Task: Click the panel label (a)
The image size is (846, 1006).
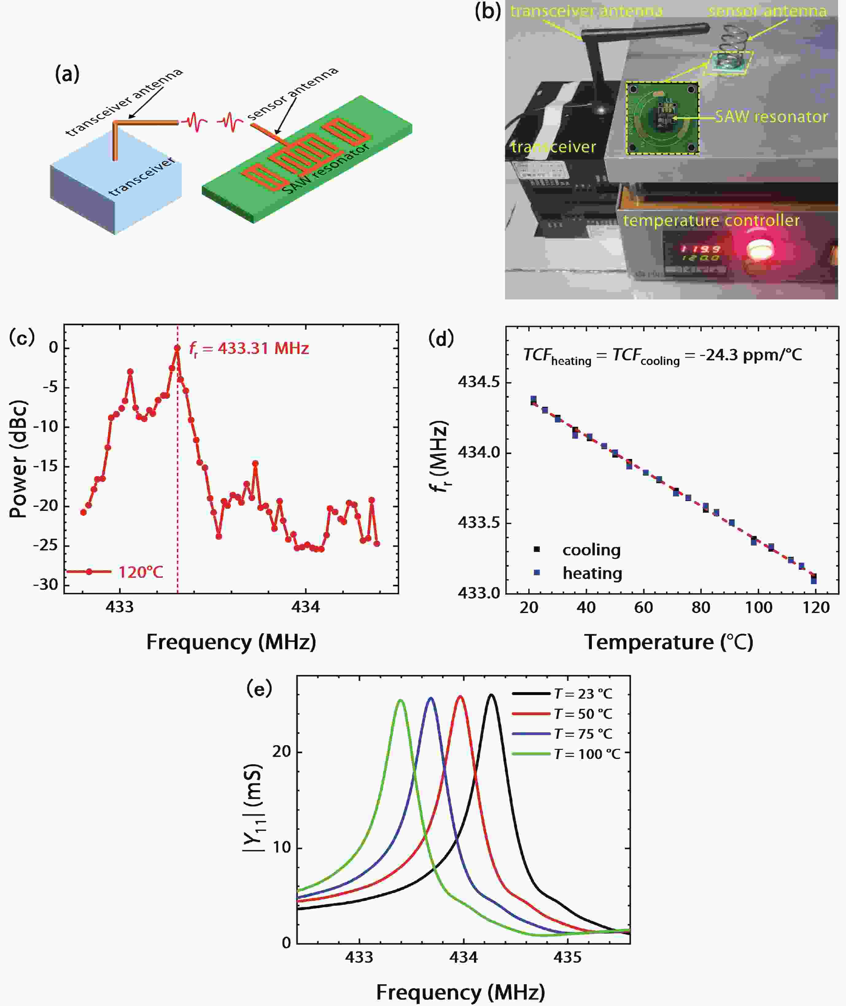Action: tap(67, 74)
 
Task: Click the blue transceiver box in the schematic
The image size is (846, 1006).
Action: tap(115, 192)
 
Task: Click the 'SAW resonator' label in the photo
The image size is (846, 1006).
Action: tap(771, 117)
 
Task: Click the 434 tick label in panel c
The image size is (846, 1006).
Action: tap(305, 607)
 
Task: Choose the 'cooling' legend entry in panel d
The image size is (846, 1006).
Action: tap(591, 550)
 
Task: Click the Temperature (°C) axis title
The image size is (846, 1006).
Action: tap(669, 642)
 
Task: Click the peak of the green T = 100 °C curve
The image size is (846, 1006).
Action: tap(401, 701)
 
